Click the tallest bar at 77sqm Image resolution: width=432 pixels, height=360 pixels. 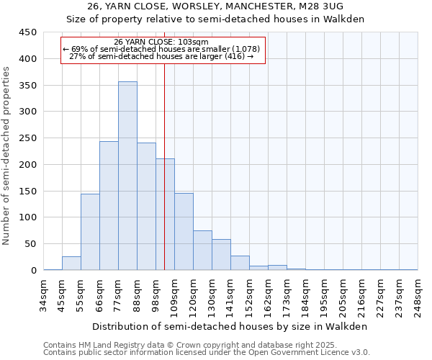coord(127,176)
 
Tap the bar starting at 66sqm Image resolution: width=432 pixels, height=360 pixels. coord(109,206)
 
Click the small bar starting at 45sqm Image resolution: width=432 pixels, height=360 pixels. coord(71,264)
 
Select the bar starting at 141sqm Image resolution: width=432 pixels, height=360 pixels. coord(240,264)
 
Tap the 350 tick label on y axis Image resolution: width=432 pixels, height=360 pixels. coord(27,85)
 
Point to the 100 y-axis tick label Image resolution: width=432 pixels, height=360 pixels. coord(27,217)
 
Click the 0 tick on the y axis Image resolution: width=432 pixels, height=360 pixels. coord(33,271)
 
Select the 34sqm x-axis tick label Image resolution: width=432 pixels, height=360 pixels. coord(44,296)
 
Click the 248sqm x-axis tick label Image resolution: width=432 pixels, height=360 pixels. coord(418,296)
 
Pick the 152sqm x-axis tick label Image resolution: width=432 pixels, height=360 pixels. coord(250,296)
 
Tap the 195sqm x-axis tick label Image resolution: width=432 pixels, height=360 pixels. coord(325,296)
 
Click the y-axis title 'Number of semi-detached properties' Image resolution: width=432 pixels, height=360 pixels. coord(6,156)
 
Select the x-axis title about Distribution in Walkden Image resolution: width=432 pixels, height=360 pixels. coord(230,326)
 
